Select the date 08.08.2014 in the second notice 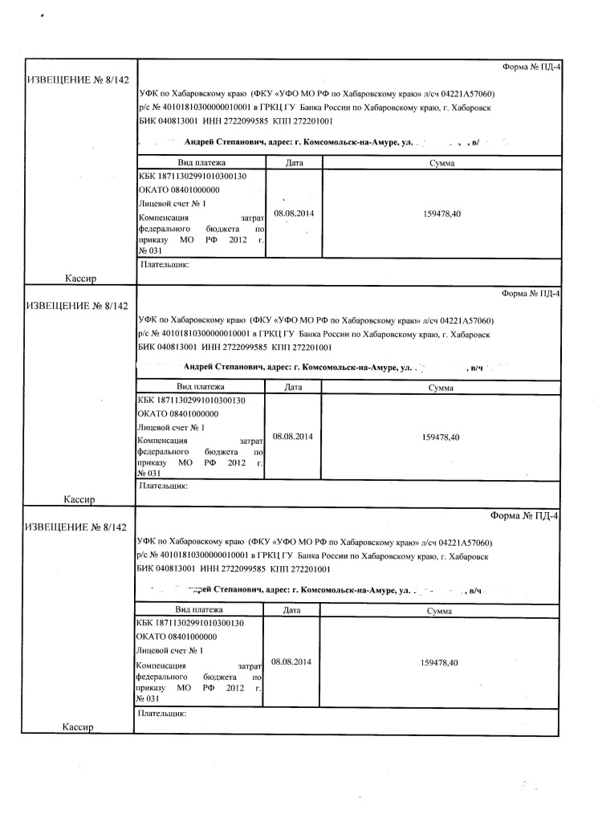(292, 437)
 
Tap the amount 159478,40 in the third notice (440, 662)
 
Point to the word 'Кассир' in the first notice (81, 279)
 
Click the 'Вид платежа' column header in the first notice (201, 163)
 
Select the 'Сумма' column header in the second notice (441, 388)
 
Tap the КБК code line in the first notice (191, 176)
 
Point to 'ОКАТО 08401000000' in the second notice (178, 413)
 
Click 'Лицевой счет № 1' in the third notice (171, 650)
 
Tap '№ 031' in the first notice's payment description (150, 250)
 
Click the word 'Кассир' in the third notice (78, 726)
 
